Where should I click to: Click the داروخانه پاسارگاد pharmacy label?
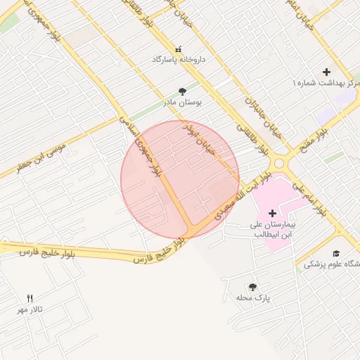click(x=179, y=60)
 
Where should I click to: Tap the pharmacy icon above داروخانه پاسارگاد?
click(x=177, y=49)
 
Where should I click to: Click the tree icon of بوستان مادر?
click(x=183, y=91)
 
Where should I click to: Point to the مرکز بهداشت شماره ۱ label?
click(x=326, y=83)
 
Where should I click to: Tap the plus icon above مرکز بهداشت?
click(x=326, y=72)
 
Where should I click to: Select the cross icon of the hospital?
click(x=272, y=212)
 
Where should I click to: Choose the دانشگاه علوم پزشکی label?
click(x=333, y=264)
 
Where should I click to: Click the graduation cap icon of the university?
click(x=336, y=253)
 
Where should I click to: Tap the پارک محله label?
click(x=253, y=298)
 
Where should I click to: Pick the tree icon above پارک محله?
click(x=252, y=287)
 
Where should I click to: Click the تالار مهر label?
click(x=31, y=309)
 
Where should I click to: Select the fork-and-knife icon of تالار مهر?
click(x=30, y=298)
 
